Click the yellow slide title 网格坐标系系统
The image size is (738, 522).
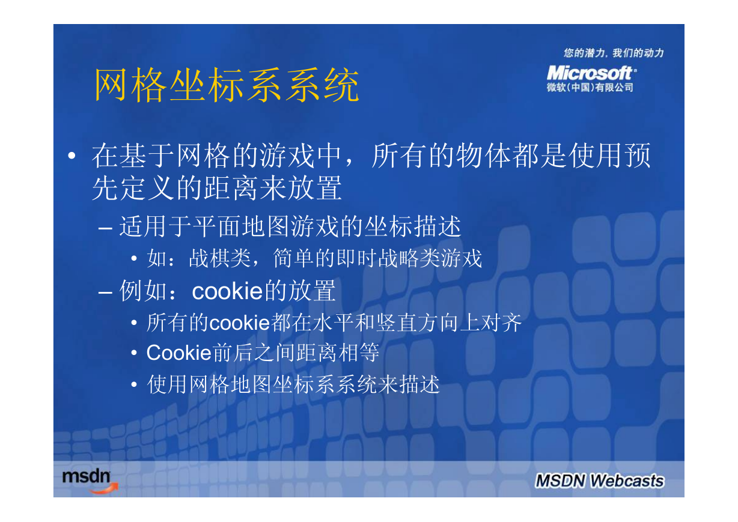[x=227, y=85]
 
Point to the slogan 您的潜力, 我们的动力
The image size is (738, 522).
[x=614, y=53]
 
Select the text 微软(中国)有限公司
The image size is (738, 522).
[x=590, y=87]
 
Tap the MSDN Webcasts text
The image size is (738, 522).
[x=600, y=481]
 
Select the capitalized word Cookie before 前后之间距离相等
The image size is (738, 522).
[x=178, y=353]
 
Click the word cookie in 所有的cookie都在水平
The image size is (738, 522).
[x=240, y=323]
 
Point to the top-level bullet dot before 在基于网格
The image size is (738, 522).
[x=72, y=156]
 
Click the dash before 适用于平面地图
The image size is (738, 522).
[x=105, y=228]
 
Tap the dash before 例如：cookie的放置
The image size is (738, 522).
[x=105, y=292]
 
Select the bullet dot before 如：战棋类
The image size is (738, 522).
[x=134, y=258]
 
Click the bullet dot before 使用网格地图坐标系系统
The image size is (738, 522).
[x=134, y=384]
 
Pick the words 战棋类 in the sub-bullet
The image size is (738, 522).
[x=220, y=258]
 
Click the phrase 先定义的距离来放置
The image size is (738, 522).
[x=217, y=188]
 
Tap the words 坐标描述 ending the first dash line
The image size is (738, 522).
[x=413, y=226]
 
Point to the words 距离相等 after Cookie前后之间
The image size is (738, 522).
[x=338, y=353]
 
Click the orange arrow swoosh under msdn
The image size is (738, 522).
[x=104, y=489]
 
